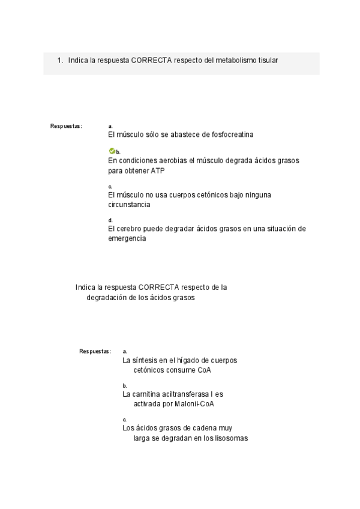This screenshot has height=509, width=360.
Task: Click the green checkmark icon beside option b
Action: (112, 151)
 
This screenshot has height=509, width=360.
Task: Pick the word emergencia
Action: (127, 238)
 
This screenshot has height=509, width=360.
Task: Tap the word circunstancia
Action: (129, 205)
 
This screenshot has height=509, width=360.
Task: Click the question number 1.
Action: (60, 60)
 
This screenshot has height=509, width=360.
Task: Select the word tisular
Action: (268, 60)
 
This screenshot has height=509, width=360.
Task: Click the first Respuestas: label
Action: (66, 126)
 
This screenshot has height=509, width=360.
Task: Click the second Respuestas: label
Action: (95, 351)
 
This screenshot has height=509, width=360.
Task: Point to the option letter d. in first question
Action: (110, 220)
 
